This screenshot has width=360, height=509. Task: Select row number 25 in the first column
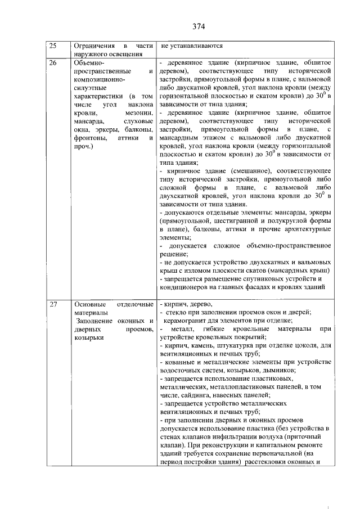pos(53,46)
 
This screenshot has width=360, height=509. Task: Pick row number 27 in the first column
pos(53,305)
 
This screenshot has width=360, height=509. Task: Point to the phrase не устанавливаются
pos(192,46)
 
